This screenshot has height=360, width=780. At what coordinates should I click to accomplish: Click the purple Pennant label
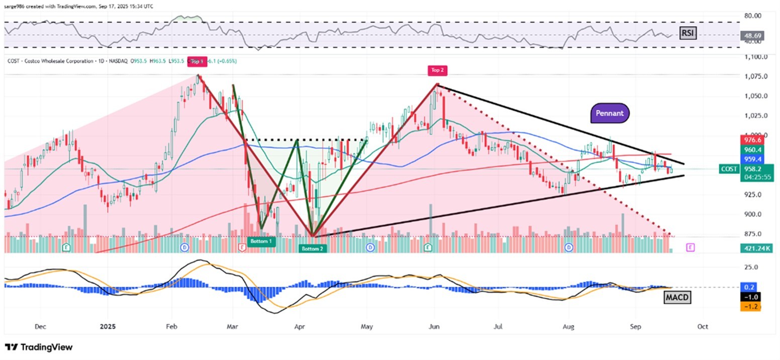610,113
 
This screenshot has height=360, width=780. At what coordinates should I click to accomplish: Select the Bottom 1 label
261,241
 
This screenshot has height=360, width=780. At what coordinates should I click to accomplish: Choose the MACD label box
677,298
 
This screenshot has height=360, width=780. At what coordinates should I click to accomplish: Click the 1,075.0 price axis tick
752,76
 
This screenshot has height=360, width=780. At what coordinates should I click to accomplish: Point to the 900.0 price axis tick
752,214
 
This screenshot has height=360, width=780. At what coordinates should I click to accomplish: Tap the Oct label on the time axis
703,326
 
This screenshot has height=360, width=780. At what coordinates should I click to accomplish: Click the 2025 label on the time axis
108,326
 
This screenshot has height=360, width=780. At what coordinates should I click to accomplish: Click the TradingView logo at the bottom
39,347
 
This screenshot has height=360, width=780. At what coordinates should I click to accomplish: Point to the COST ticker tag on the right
729,169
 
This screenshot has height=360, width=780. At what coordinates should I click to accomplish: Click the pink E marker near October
690,247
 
